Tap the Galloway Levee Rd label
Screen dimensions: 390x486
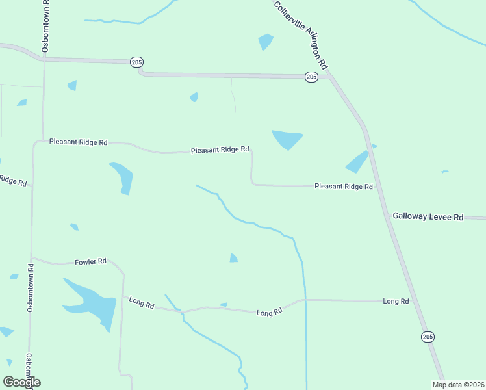point(427,217)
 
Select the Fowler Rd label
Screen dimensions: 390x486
point(90,261)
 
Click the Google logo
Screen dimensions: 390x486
point(21,382)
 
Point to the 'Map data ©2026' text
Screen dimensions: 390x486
point(458,385)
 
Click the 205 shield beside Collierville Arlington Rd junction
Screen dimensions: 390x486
point(311,77)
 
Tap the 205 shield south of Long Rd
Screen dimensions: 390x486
point(427,337)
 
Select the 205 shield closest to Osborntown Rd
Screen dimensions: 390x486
point(136,62)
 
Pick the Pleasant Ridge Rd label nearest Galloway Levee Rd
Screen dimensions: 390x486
point(343,187)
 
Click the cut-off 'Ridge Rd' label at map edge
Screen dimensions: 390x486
point(13,181)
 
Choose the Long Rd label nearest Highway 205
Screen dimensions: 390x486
point(396,301)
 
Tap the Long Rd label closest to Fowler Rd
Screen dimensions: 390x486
point(141,302)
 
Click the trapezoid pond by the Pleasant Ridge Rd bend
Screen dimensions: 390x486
point(287,139)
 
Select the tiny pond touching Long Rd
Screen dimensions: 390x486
point(224,304)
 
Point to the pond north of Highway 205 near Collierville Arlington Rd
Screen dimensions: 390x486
point(265,42)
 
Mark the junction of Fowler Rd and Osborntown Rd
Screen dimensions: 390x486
point(31,257)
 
